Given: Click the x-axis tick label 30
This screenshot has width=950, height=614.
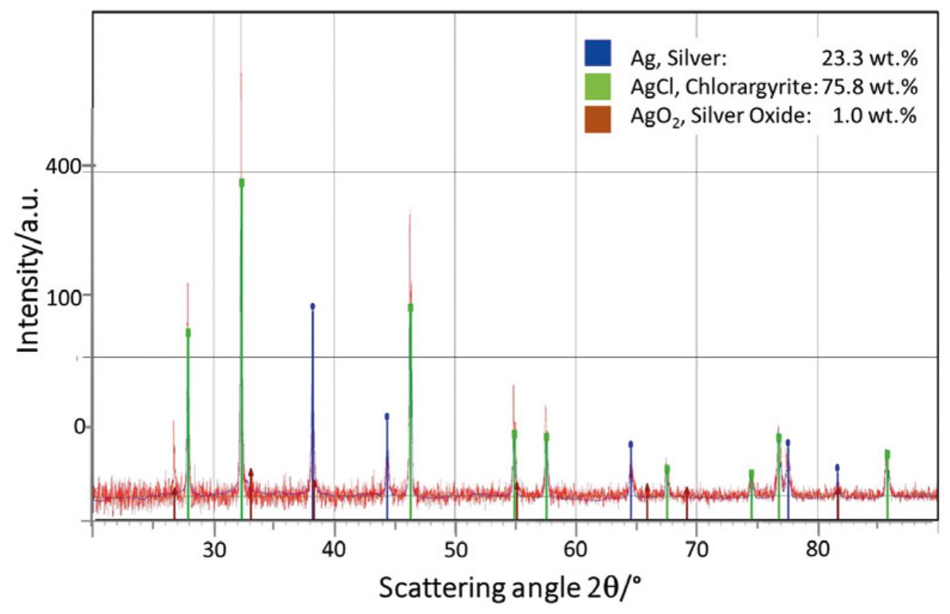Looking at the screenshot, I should pos(213,547).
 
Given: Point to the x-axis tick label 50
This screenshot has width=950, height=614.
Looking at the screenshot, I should pos(455,547).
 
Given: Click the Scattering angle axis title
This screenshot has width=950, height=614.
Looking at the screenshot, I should pos(510,589).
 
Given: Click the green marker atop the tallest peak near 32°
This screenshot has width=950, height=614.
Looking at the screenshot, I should pos(241,182).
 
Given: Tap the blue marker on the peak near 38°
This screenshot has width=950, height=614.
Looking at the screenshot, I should pos(312,306).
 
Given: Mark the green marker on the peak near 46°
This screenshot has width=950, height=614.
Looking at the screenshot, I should pos(410,307).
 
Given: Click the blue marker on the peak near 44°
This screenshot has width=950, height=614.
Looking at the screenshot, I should pos(387,416).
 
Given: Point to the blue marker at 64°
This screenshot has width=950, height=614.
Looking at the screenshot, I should pos(631,444).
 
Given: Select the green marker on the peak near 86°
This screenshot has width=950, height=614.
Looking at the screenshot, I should pos(887,454).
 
